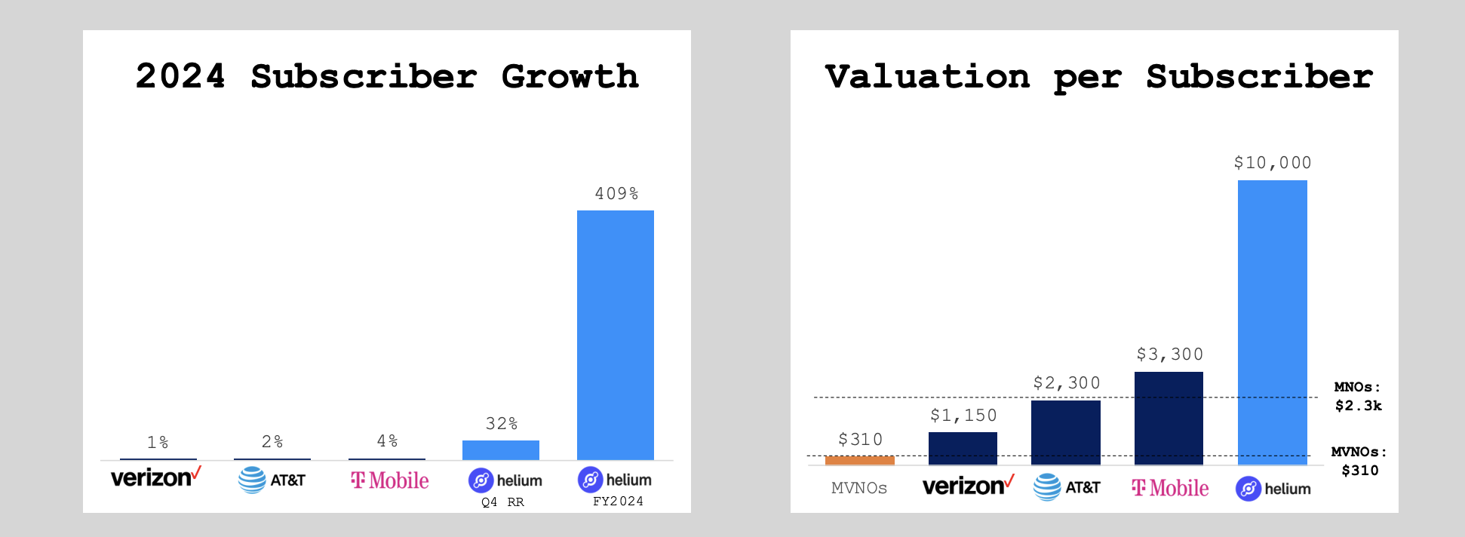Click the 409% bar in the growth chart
click(615, 335)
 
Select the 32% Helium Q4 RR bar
click(500, 450)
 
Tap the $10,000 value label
click(1272, 163)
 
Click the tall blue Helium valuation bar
click(1272, 322)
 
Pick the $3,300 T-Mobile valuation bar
click(1169, 418)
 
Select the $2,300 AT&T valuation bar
click(1065, 432)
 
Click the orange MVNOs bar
click(859, 460)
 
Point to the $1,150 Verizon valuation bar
click(963, 448)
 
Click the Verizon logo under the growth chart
click(155, 477)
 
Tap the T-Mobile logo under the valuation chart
click(1170, 488)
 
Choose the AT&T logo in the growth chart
click(272, 480)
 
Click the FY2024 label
click(618, 502)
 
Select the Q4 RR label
click(502, 502)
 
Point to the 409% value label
click(616, 194)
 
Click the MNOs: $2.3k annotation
click(1358, 397)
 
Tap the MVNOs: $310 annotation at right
click(1359, 461)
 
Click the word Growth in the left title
click(570, 77)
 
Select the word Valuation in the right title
click(927, 77)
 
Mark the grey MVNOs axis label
click(859, 488)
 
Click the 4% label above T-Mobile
click(387, 441)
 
